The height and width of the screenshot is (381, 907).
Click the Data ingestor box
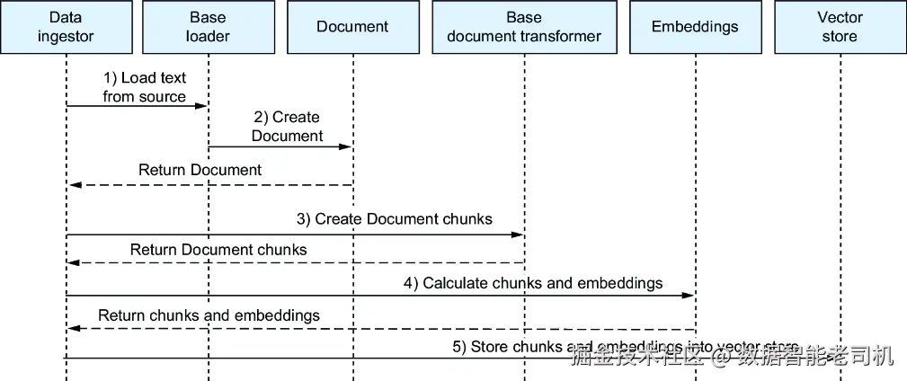(x=67, y=27)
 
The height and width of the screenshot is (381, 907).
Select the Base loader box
(x=208, y=27)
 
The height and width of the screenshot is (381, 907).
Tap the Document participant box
(x=352, y=27)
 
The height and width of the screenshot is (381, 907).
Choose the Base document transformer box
(x=524, y=27)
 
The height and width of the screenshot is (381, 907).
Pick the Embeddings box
(x=695, y=27)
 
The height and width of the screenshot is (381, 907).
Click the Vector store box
(x=840, y=27)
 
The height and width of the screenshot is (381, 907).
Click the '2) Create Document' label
(x=287, y=127)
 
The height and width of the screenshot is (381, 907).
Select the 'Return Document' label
(x=200, y=170)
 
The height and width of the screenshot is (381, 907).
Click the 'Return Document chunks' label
(x=218, y=249)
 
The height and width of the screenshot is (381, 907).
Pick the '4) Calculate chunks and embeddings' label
(x=533, y=283)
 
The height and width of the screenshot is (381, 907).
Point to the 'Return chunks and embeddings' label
(x=209, y=315)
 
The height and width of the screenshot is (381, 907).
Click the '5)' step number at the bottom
(x=459, y=347)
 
